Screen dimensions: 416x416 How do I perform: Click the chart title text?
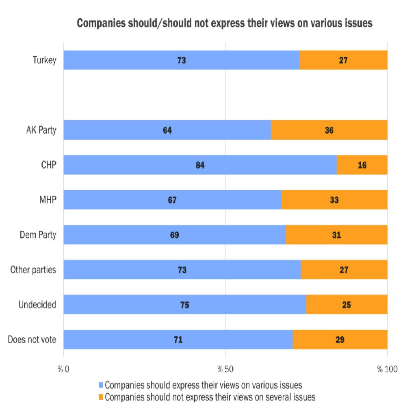[x=225, y=24]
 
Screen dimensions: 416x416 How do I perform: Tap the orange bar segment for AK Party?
[x=329, y=130]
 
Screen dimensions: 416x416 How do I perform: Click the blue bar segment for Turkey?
[x=182, y=60]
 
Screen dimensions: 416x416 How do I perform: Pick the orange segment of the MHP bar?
[x=334, y=200]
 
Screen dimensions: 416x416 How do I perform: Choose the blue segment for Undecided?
[x=185, y=305]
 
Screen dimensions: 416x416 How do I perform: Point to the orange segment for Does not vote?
[x=340, y=340]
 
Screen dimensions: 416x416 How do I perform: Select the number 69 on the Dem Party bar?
[x=175, y=235]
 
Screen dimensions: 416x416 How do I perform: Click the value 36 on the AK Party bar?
[x=329, y=130]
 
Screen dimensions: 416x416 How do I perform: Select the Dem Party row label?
[x=38, y=235]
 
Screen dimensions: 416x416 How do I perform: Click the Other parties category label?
[x=32, y=270]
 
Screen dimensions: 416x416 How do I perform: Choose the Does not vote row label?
[x=32, y=340]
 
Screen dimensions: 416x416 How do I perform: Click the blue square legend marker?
[x=101, y=384]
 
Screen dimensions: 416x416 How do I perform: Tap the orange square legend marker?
[x=101, y=397]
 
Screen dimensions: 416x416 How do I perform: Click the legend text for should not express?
[x=210, y=397]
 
